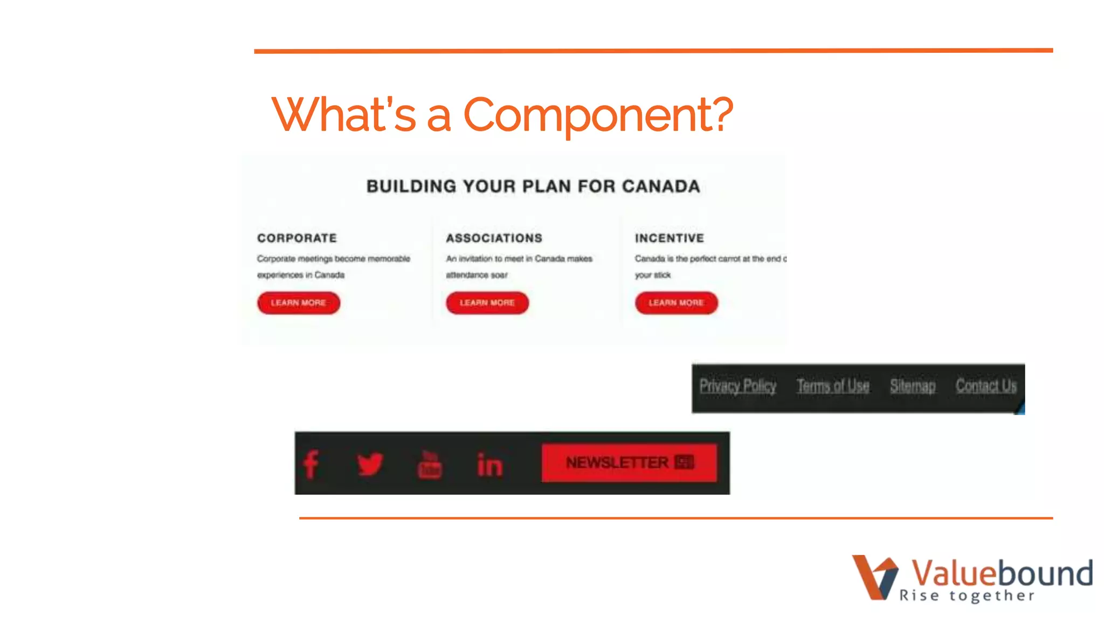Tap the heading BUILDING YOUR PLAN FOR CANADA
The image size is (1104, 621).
(x=533, y=187)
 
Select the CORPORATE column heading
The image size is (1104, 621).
(x=297, y=238)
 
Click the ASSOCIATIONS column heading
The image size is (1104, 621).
(x=494, y=238)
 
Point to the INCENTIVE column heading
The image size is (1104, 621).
(x=670, y=238)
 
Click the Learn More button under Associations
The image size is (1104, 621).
(x=487, y=303)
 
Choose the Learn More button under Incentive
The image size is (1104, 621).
(x=676, y=303)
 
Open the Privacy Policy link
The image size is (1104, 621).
(x=737, y=386)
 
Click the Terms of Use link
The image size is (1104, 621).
(x=833, y=386)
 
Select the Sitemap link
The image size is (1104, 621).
(x=913, y=386)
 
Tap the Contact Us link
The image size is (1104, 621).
(x=986, y=386)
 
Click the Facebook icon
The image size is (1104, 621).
(x=311, y=464)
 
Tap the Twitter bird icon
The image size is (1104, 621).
(x=370, y=464)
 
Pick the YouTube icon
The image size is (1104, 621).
(x=430, y=464)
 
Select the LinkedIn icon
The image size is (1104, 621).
(x=489, y=465)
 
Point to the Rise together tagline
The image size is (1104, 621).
(x=967, y=596)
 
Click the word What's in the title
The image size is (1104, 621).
(x=344, y=115)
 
